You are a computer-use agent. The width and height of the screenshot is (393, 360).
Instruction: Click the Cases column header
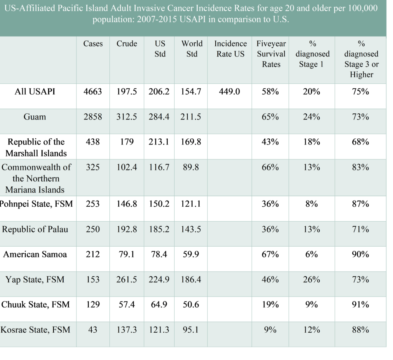click(93, 44)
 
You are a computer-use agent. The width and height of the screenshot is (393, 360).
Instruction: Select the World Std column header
click(192, 49)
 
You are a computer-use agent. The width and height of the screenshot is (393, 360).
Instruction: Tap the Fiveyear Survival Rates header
click(271, 54)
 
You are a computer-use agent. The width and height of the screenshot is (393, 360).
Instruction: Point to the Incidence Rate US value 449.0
click(230, 91)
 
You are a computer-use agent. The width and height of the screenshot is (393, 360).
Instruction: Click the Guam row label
click(35, 117)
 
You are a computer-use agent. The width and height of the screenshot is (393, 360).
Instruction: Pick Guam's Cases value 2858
click(93, 117)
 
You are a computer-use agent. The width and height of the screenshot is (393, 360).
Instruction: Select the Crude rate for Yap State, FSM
click(127, 279)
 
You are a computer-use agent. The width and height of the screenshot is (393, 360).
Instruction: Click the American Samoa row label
click(35, 254)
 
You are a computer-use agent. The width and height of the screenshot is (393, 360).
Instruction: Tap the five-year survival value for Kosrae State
click(270, 330)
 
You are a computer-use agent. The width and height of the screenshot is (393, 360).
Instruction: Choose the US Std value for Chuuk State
click(159, 305)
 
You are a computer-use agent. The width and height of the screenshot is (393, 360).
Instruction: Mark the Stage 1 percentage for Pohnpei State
click(312, 204)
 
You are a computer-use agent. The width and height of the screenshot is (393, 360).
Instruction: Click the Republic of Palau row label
click(35, 229)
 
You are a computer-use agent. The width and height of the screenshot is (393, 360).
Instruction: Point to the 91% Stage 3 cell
click(360, 305)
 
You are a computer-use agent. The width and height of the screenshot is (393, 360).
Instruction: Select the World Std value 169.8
click(191, 142)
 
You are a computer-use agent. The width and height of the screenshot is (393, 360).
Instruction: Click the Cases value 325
click(93, 167)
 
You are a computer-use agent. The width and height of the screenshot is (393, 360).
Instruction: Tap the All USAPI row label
click(35, 91)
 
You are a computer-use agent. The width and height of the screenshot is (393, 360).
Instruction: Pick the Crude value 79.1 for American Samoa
click(127, 254)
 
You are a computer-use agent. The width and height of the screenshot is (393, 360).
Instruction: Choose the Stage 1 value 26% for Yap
click(312, 279)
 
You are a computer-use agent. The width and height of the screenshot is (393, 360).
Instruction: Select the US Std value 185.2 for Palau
click(159, 229)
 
